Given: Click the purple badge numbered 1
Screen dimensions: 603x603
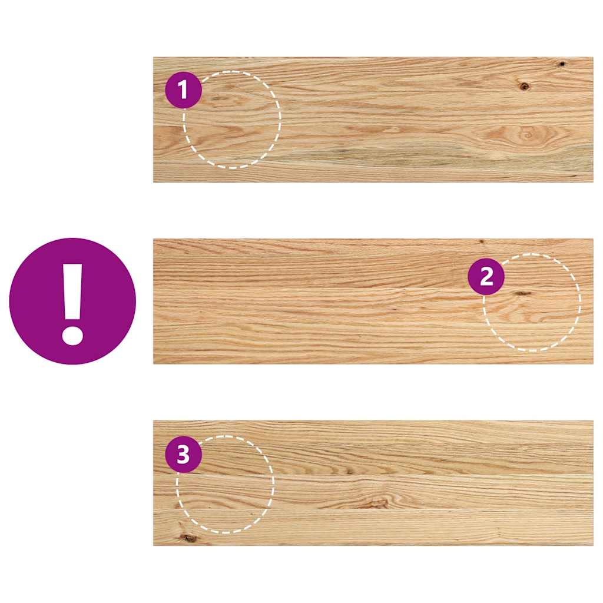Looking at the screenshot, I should (x=183, y=90).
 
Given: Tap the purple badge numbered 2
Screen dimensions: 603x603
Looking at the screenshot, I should (x=486, y=277).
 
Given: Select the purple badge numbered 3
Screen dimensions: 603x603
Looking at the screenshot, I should (x=183, y=455).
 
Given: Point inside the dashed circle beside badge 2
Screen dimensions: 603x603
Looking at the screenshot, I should (x=536, y=312).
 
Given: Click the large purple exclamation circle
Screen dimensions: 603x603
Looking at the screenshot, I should (x=72, y=301).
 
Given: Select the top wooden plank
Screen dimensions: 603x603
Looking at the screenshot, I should (x=373, y=120).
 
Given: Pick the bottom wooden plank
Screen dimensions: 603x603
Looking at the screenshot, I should (x=373, y=483).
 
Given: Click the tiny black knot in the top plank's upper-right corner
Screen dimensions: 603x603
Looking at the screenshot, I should (x=562, y=64).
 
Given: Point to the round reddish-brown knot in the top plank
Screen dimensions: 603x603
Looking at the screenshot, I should (x=524, y=87).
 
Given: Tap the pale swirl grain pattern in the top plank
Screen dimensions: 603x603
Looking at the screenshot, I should (x=524, y=134).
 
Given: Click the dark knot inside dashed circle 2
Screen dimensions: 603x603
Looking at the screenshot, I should (x=522, y=293).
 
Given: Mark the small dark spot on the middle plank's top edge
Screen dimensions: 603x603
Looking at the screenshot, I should (x=481, y=241).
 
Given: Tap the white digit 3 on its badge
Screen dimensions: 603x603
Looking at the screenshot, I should (x=183, y=455).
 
